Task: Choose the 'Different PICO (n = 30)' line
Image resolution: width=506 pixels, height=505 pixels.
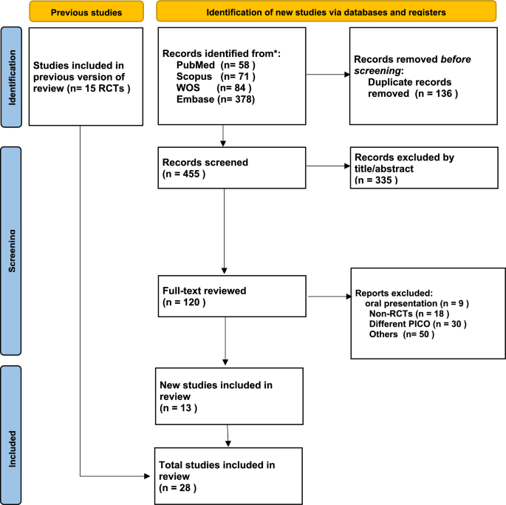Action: point(414,325)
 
